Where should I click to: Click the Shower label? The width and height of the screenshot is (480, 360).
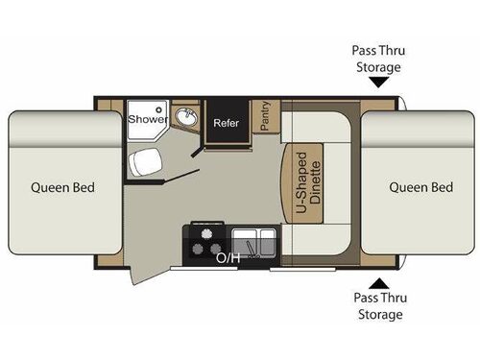[149, 120]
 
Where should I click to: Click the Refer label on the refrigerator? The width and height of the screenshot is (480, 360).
[226, 122]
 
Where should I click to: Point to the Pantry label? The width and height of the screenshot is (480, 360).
[264, 116]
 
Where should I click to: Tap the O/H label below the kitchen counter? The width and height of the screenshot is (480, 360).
[228, 257]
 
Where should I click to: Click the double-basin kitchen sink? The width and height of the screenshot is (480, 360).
[254, 239]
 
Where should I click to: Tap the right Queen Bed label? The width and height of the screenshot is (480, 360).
[420, 187]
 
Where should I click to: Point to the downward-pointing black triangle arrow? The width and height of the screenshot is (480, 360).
[378, 83]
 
